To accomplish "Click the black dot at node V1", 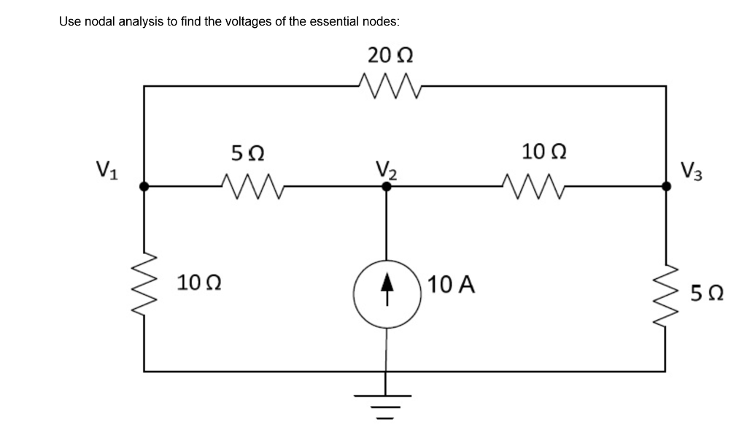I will pos(144,187).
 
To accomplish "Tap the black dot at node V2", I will pos(387,187).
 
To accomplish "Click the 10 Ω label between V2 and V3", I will pos(541,151).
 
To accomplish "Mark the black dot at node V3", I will pos(666,187).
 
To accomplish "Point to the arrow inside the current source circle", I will pos(386,291).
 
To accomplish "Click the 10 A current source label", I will pos(452,284).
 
